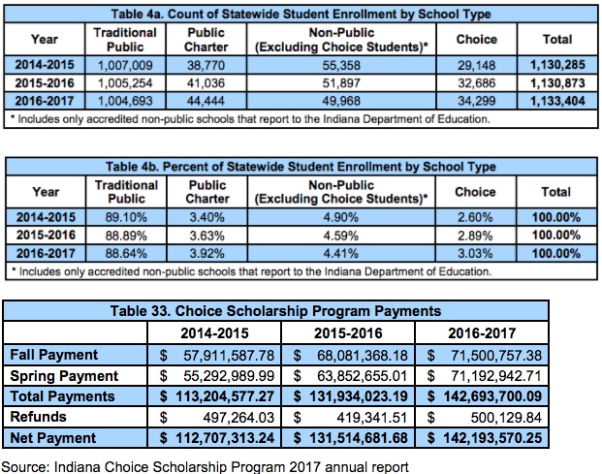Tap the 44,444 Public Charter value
point(206,100)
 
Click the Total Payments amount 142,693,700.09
point(507,396)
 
